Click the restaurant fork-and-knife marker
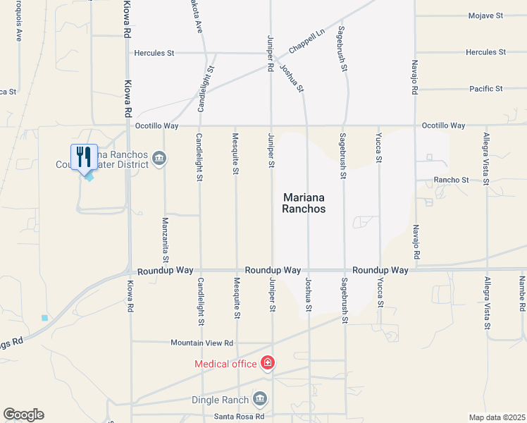click(84, 157)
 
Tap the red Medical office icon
click(268, 363)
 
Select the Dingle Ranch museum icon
click(260, 400)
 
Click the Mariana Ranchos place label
click(304, 204)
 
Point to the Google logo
click(23, 415)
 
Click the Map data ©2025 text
click(497, 417)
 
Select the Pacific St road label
click(486, 89)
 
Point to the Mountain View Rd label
click(201, 343)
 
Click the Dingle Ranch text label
click(221, 400)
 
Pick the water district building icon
click(159, 158)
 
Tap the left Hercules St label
click(154, 53)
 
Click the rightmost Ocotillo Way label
click(443, 125)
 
